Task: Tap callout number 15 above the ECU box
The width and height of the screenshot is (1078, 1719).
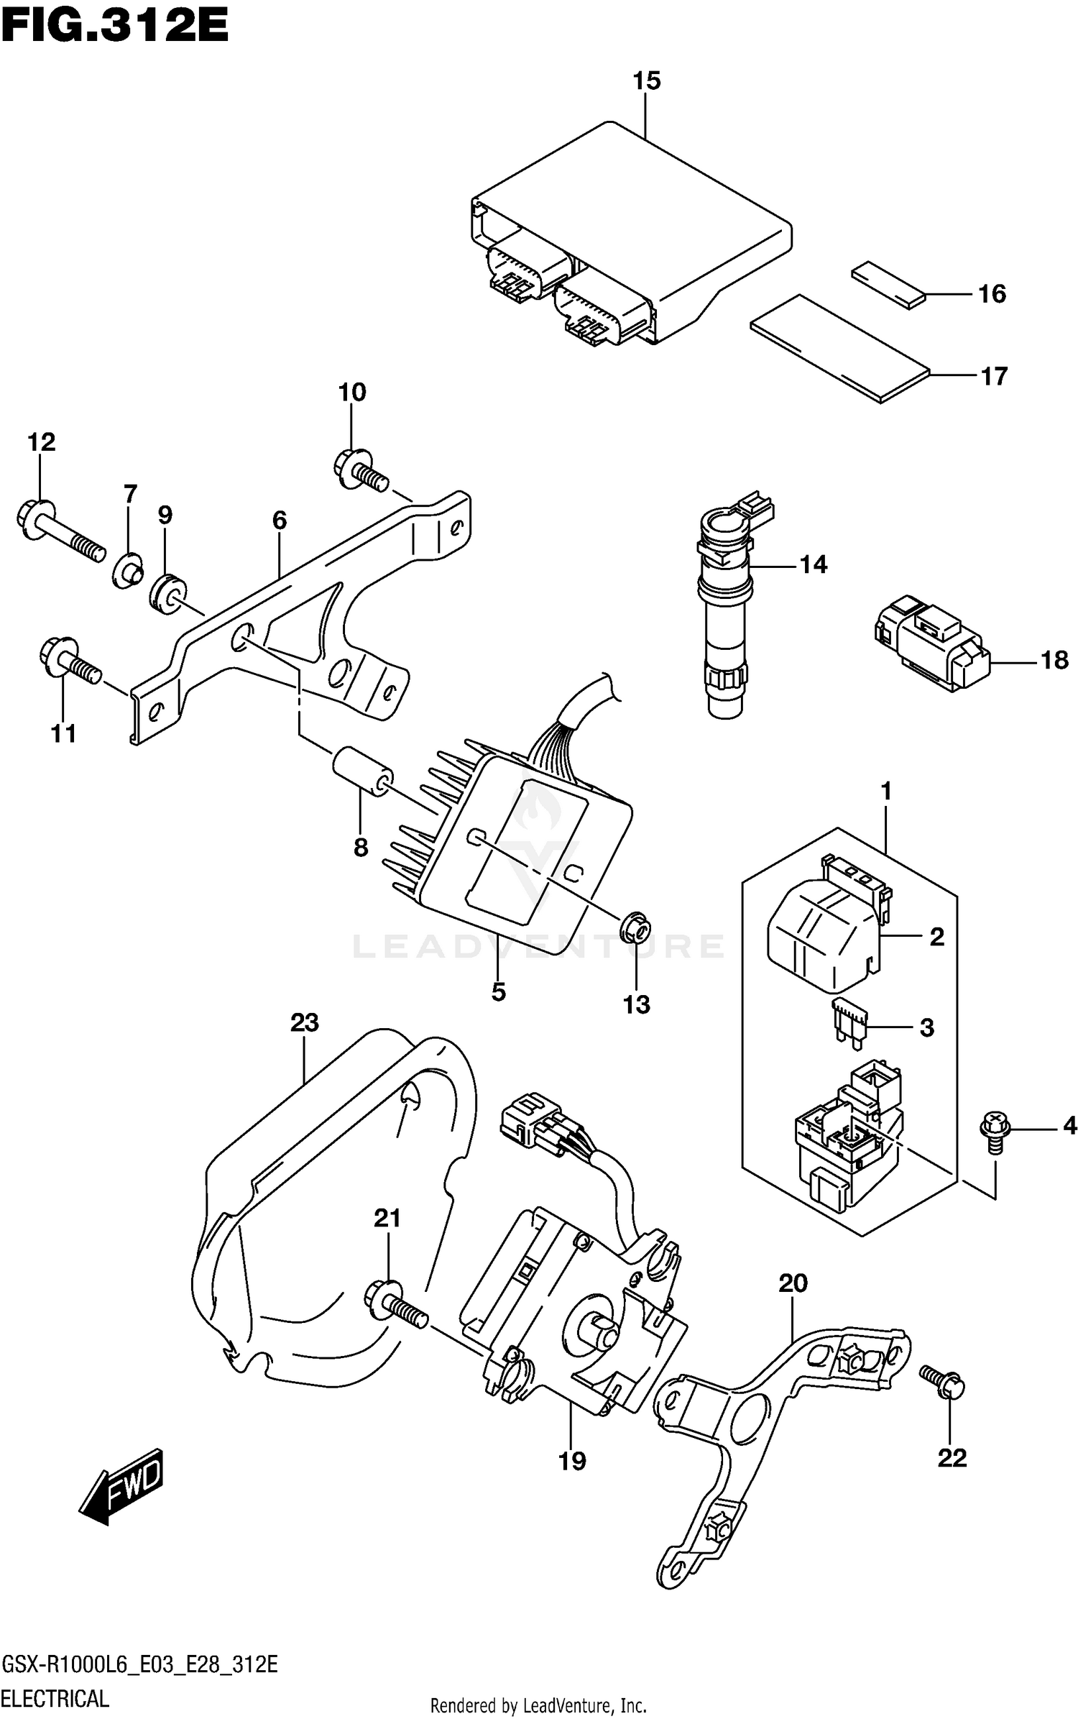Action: coord(646,81)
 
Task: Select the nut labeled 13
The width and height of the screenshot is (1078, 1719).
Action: coord(636,928)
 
